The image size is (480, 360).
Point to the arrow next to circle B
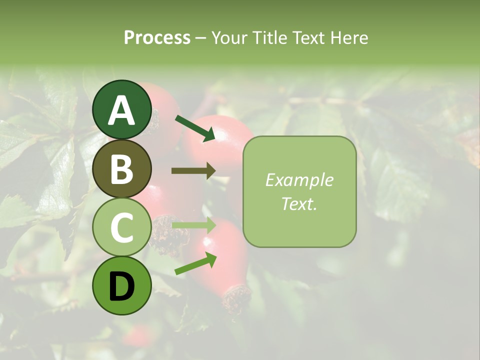(x=193, y=170)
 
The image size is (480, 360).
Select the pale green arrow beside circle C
(x=193, y=225)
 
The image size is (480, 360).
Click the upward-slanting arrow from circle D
(x=195, y=263)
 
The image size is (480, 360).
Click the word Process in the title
(x=157, y=37)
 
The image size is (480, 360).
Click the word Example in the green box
(x=299, y=180)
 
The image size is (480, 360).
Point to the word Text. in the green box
(x=299, y=203)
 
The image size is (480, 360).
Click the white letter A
(x=122, y=110)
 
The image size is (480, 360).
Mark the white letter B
(x=122, y=169)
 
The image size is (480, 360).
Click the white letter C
(x=122, y=228)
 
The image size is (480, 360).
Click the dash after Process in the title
(x=201, y=37)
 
